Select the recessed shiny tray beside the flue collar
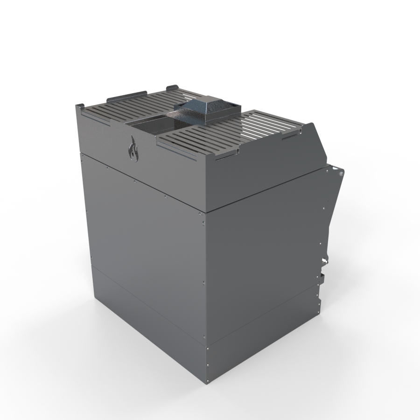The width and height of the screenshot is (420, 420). point(154,124)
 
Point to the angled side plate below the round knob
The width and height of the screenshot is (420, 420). point(332,210)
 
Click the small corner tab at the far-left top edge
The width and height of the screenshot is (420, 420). point(79,108)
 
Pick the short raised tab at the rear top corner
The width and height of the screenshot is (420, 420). point(171,87)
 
